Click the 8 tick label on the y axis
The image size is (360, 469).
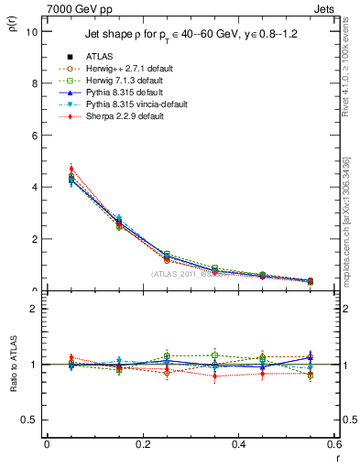click(x=34, y=83)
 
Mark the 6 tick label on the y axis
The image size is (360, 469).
click(x=34, y=136)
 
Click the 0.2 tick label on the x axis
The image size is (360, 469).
click(x=143, y=443)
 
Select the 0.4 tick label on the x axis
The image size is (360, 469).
click(x=239, y=443)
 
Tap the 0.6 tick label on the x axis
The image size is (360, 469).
click(x=334, y=443)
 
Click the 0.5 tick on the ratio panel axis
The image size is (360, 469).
click(x=30, y=420)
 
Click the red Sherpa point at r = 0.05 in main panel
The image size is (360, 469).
click(x=71, y=169)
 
